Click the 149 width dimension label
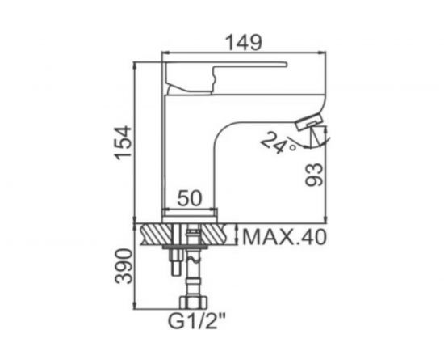pyautogui.click(x=244, y=42)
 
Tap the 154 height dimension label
pyautogui.click(x=124, y=142)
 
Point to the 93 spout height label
pyautogui.click(x=314, y=175)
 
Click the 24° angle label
pyautogui.click(x=279, y=142)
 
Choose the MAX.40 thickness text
pyautogui.click(x=284, y=237)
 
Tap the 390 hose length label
pyautogui.click(x=124, y=266)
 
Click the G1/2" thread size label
pyautogui.click(x=197, y=321)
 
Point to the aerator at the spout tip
pyautogui.click(x=308, y=121)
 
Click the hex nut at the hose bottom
pyautogui.click(x=193, y=303)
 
